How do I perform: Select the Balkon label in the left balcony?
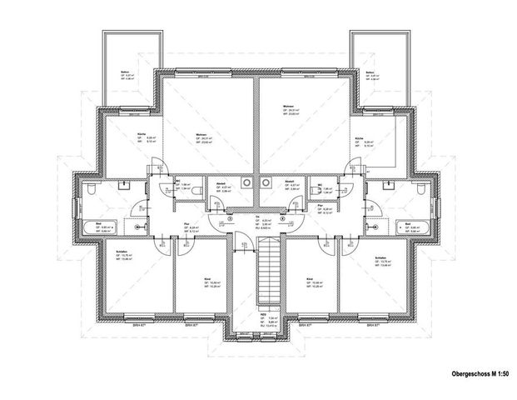(124, 72)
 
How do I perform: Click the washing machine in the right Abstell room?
(266, 182)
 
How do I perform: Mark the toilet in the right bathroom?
(425, 191)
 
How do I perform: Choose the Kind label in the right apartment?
(310, 279)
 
